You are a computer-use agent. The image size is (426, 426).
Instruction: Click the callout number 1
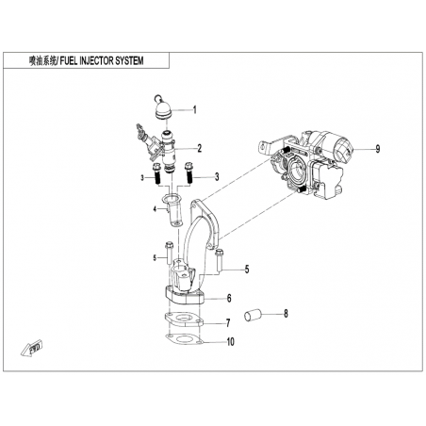pos(195,110)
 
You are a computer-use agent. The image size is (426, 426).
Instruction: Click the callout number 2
pos(200,148)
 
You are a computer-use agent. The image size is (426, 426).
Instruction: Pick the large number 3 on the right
pos(217,177)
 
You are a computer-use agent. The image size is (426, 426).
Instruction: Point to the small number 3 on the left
pos(142,178)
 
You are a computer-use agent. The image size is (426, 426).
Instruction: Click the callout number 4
pos(155,208)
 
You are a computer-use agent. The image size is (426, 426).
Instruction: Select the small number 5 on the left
pos(155,258)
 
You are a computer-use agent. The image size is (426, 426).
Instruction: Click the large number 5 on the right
pos(247,270)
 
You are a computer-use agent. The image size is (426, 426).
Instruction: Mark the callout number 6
pos(229,298)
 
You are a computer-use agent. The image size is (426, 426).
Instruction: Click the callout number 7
pos(228,322)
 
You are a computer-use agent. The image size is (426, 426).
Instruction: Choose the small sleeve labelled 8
pos(254,315)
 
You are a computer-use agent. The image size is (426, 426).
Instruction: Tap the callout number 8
pos(286,313)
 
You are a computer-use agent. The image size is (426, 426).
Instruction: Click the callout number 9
pos(378,149)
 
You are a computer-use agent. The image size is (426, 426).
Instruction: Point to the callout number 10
pos(231,341)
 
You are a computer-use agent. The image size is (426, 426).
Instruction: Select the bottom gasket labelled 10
pos(184,340)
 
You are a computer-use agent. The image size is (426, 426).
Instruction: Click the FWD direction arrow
pos(32,348)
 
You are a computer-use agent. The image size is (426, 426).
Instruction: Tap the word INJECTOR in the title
pos(96,60)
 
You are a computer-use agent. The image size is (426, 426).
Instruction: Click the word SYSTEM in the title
pos(129,60)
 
